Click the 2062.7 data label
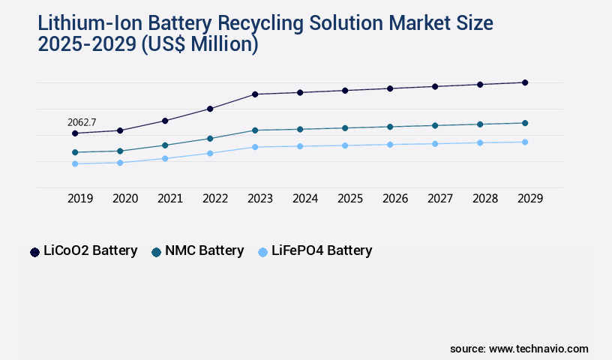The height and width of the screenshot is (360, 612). point(82,122)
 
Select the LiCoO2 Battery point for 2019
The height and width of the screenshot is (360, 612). point(75,133)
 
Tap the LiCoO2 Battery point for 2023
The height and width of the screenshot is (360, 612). point(255,94)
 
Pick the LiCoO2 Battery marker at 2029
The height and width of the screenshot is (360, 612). point(525,82)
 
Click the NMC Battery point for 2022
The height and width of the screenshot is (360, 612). point(210,139)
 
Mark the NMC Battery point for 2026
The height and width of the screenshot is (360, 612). point(390,127)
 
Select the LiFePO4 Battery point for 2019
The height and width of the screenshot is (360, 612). point(75,163)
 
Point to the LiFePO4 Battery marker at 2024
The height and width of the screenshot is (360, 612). point(300,146)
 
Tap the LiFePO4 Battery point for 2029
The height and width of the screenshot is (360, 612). point(525,142)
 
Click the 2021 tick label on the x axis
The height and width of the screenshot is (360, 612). point(170,199)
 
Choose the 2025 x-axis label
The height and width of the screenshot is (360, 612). point(350,199)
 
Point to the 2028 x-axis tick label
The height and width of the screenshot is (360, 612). point(485,199)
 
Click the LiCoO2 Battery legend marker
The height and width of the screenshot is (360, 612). point(34,252)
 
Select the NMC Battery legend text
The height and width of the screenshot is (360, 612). point(204,250)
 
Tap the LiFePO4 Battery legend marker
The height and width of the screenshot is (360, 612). point(262,252)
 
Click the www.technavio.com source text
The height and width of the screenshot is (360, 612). point(538,349)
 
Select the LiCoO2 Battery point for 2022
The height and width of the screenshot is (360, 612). point(210,109)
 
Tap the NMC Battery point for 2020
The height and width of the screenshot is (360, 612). point(120,151)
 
